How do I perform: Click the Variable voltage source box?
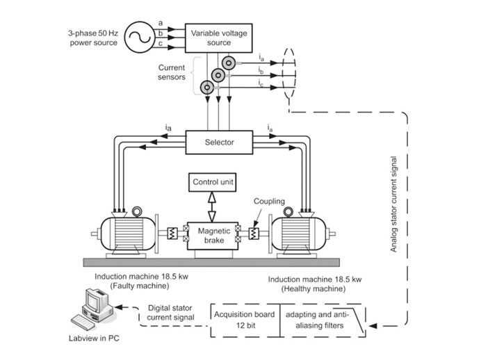[219, 37]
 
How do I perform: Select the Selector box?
[219, 142]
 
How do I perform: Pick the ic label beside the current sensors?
[259, 84]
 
